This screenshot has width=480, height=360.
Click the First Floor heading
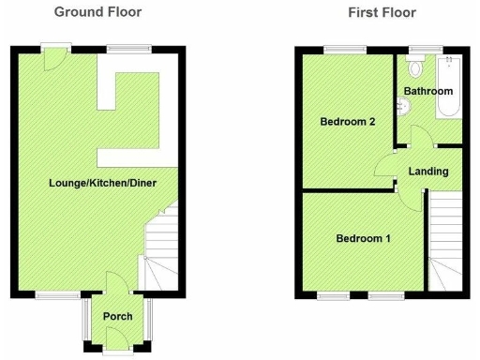coord(382,12)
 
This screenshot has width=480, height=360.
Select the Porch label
coord(117,316)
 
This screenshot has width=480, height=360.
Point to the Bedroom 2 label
coord(347,122)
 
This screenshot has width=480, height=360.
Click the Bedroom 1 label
coord(363,238)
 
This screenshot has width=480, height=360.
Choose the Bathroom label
coord(428,91)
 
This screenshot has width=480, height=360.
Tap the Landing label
coord(427,172)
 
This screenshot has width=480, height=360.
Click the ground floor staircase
coord(161,248)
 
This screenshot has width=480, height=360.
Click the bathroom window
coord(419,49)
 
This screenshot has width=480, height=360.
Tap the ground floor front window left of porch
coord(52,294)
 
